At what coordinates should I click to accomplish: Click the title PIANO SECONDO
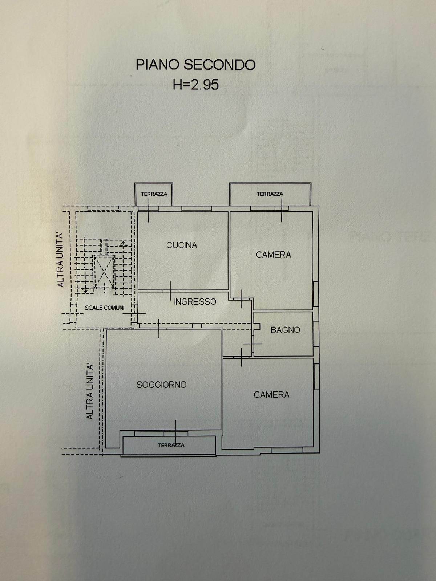(x=195, y=65)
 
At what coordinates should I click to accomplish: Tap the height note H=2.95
(x=196, y=85)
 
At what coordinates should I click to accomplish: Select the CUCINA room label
(x=182, y=245)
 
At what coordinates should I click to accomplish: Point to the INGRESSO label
(x=195, y=301)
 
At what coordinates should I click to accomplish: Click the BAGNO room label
(x=285, y=330)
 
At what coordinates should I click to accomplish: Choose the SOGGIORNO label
(x=161, y=385)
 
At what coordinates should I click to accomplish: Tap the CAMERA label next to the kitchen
(x=273, y=255)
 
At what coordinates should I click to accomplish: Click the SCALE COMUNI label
(x=104, y=308)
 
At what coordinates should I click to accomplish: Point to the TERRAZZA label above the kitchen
(x=154, y=194)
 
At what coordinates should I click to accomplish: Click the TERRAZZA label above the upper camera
(x=270, y=194)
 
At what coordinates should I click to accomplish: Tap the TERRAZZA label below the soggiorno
(x=171, y=445)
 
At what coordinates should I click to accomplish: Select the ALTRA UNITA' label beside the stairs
(x=61, y=260)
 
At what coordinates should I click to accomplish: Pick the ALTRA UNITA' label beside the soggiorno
(x=90, y=391)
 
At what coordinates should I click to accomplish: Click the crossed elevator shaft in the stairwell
(x=104, y=272)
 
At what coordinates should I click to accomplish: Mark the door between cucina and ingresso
(x=170, y=291)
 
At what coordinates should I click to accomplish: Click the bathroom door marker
(x=253, y=344)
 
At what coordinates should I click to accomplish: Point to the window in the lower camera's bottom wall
(x=287, y=450)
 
